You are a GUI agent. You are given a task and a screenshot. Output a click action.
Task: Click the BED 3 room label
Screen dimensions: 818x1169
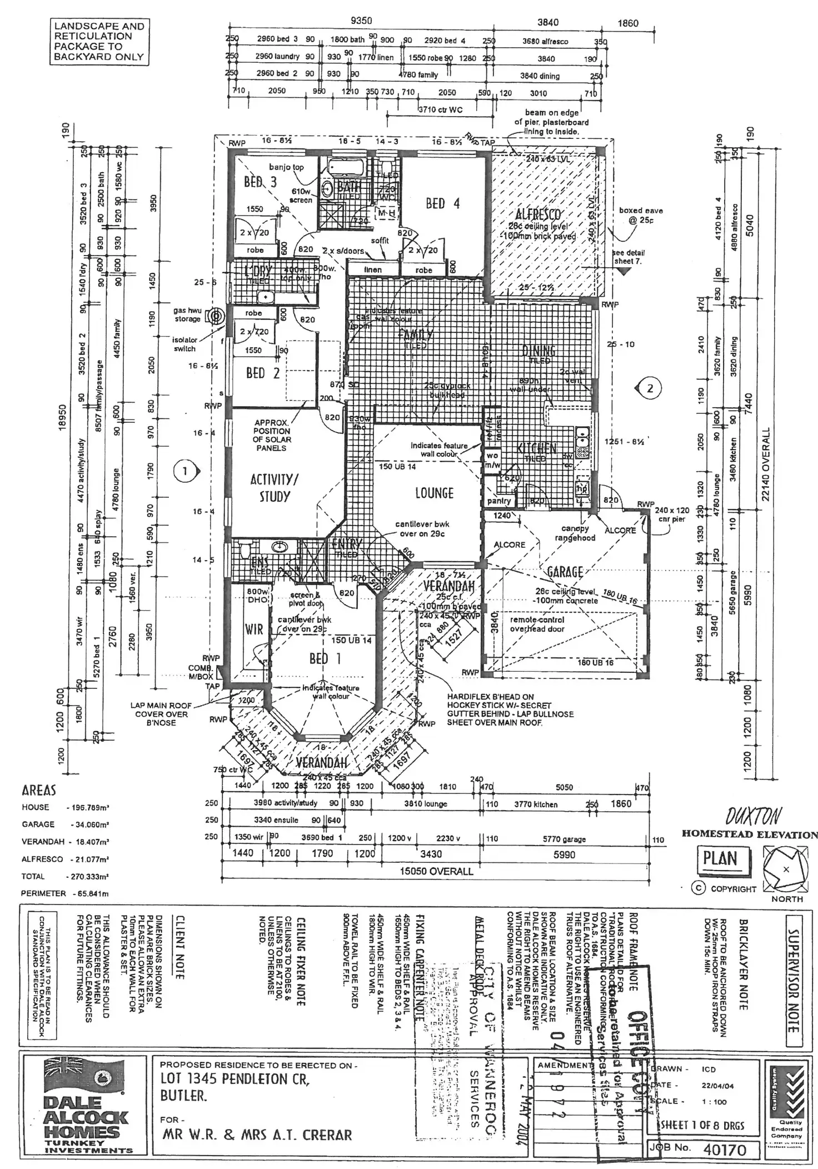pyautogui.click(x=260, y=182)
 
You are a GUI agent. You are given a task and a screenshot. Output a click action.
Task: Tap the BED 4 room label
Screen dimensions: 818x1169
pyautogui.click(x=443, y=203)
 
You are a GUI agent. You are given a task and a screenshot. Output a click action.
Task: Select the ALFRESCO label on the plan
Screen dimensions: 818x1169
pyautogui.click(x=538, y=214)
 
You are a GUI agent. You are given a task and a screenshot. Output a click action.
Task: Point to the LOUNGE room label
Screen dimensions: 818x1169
pyautogui.click(x=435, y=493)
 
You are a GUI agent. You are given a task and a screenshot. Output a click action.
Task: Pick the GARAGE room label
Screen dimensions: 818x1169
pyautogui.click(x=565, y=572)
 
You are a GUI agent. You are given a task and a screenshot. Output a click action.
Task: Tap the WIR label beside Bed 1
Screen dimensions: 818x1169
pyautogui.click(x=254, y=629)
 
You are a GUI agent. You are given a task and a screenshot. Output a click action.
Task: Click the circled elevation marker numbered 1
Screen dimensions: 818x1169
pyautogui.click(x=184, y=471)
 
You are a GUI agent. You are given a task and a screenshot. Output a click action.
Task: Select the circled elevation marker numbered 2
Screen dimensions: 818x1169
pyautogui.click(x=650, y=388)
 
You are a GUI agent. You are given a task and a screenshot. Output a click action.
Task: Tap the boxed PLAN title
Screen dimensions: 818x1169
pyautogui.click(x=720, y=859)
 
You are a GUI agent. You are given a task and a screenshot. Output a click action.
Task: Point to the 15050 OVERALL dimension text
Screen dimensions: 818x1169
pyautogui.click(x=437, y=871)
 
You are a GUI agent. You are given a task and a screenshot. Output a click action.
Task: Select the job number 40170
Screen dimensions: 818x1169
pyautogui.click(x=725, y=1133)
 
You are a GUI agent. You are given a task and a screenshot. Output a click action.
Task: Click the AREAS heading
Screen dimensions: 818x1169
pyautogui.click(x=39, y=790)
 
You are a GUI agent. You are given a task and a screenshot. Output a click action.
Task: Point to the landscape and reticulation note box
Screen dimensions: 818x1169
pyautogui.click(x=99, y=41)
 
